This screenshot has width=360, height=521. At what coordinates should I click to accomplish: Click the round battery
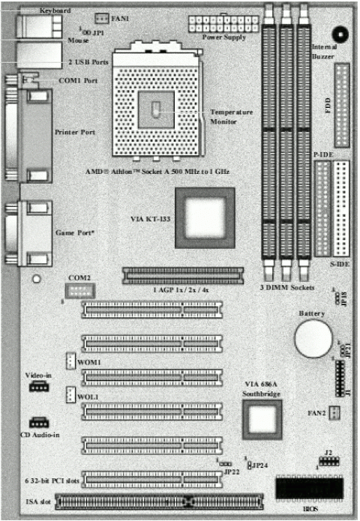click(312, 339)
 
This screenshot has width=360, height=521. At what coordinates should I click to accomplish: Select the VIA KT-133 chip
click(205, 218)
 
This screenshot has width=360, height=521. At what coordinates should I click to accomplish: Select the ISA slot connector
click(160, 499)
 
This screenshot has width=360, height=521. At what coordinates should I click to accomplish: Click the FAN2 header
click(334, 412)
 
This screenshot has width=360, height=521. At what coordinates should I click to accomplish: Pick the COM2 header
click(79, 292)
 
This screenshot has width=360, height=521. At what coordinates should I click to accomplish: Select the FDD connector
click(343, 106)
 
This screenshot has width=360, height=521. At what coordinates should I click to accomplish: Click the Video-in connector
click(38, 386)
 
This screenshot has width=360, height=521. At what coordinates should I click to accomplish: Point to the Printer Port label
click(75, 132)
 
